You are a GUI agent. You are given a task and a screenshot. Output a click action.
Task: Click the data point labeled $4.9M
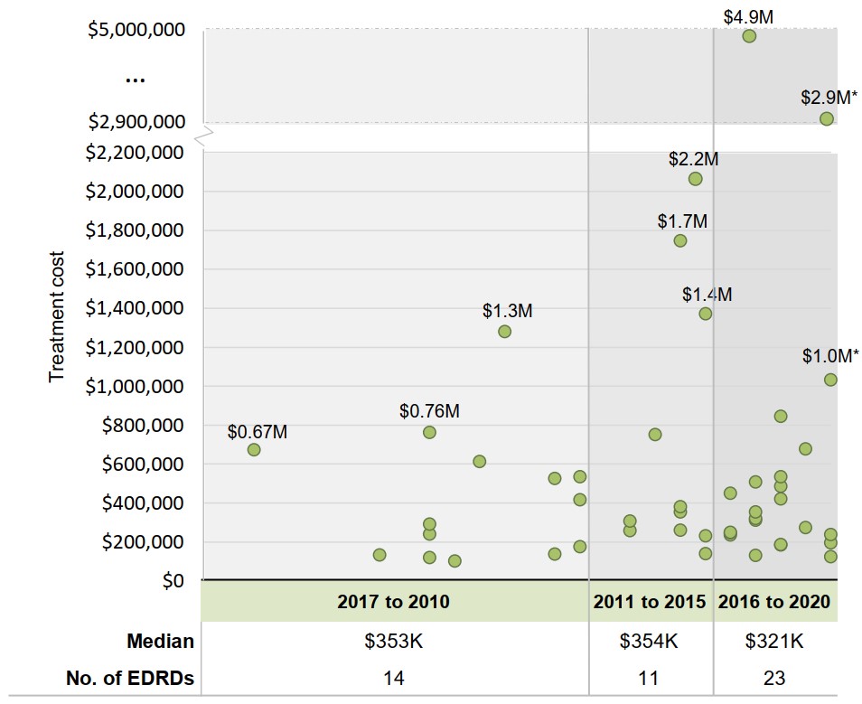(x=749, y=36)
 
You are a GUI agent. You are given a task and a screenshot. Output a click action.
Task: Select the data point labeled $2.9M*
(x=826, y=118)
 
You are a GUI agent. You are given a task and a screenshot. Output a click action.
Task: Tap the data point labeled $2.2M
(x=695, y=179)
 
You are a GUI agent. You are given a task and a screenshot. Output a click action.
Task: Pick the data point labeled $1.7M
(x=680, y=240)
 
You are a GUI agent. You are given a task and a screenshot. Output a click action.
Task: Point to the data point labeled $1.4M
(x=706, y=314)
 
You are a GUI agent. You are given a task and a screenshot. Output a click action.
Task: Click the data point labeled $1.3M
(x=504, y=332)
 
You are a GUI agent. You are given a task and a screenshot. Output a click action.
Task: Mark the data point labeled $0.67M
(x=254, y=449)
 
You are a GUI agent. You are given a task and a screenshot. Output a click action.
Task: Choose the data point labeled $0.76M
(x=429, y=432)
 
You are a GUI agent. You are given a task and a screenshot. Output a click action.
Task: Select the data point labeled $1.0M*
(x=830, y=380)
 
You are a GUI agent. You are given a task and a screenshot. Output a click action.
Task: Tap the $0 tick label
(x=172, y=580)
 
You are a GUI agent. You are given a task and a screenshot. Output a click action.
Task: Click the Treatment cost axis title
(x=57, y=316)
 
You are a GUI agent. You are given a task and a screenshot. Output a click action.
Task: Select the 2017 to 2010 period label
(x=393, y=601)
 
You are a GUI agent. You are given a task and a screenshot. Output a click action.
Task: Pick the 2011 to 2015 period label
(x=649, y=601)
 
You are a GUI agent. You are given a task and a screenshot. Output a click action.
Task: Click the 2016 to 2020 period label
(x=774, y=601)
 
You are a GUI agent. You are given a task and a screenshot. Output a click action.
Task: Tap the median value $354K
(x=649, y=642)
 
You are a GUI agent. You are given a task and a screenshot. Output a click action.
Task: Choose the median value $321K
(x=774, y=642)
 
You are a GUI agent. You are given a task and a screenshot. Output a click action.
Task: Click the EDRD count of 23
(x=774, y=678)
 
